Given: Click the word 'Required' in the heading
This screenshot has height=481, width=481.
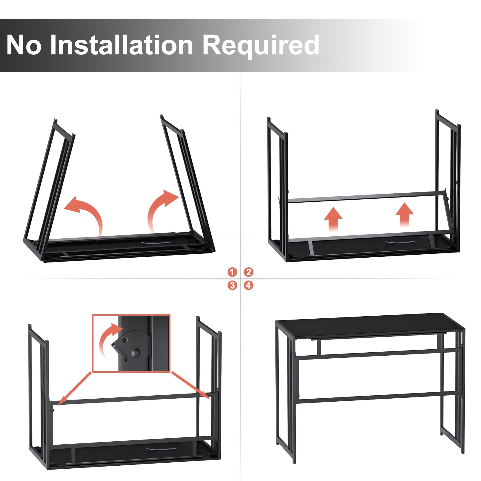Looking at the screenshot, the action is (x=261, y=46).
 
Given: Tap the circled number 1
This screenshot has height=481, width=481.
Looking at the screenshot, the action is (x=232, y=272).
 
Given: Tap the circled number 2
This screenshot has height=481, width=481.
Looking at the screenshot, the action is (x=248, y=272).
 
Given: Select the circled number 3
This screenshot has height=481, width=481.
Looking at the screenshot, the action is (x=232, y=285).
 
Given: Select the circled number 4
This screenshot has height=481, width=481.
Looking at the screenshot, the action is (x=248, y=285).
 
